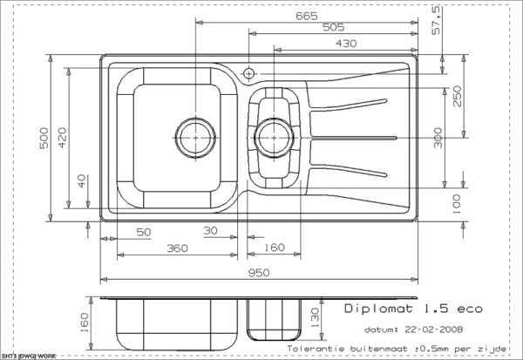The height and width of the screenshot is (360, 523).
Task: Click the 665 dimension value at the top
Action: pyautogui.click(x=307, y=16)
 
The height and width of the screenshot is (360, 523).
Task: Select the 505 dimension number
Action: pyautogui.click(x=333, y=27)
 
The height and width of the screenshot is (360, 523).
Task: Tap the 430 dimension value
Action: pyautogui.click(x=346, y=44)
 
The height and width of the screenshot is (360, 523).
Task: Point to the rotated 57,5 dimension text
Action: pyautogui.click(x=437, y=21)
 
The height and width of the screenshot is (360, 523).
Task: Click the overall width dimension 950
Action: pyautogui.click(x=259, y=273)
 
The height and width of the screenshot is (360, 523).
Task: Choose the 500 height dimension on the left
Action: pyautogui.click(x=44, y=138)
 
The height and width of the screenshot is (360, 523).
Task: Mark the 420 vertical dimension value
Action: pyautogui.click(x=63, y=138)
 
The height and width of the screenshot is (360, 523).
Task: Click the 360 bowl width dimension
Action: pyautogui.click(x=177, y=248)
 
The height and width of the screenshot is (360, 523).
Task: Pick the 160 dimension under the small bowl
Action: pyautogui.click(x=275, y=248)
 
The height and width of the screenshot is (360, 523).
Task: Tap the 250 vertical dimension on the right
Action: pyautogui.click(x=458, y=96)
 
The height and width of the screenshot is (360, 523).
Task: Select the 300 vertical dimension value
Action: pyautogui.click(x=438, y=138)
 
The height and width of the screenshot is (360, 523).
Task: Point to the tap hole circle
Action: pyautogui.click(x=248, y=73)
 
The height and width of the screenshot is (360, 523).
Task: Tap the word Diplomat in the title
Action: pyautogui.click(x=378, y=309)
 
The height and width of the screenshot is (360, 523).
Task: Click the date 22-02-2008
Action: pyautogui.click(x=433, y=329)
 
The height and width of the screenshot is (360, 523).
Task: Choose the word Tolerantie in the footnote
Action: pyautogui.click(x=316, y=349)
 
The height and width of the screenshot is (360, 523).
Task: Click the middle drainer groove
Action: pyautogui.click(x=354, y=138)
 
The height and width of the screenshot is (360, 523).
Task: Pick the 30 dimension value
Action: pyautogui.click(x=210, y=230)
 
